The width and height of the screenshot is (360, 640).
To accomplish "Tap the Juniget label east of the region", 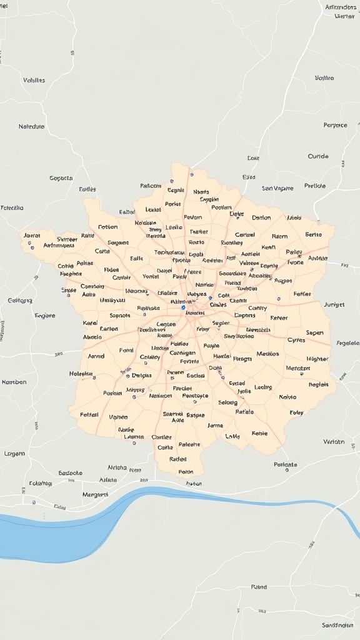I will coord(334,304).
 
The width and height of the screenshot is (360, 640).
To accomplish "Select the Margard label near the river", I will coord(95,494).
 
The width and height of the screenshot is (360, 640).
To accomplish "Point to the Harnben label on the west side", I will coord(14,381).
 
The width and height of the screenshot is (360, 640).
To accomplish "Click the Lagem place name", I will coord(14,453).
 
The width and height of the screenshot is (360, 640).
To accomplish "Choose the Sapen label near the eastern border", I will coord(314,332).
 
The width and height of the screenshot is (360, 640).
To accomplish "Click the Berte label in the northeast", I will coord(313,234).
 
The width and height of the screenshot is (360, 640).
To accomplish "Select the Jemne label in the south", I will coord(215,425).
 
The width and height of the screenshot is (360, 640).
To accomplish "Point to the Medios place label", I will coord(267,354).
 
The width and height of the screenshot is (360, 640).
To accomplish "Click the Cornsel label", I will coord(244,235).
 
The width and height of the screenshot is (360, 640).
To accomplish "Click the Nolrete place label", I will coord(81,374).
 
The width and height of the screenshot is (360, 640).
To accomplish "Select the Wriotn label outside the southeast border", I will coord(334,442).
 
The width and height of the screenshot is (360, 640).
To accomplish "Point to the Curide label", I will coord(317,156).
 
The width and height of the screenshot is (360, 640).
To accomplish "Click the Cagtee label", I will coord(166,324).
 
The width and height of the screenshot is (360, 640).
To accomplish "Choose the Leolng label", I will coord(263,387).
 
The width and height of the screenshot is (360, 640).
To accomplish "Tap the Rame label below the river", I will coord(259,587).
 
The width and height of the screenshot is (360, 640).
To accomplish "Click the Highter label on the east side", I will coord(317,359).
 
